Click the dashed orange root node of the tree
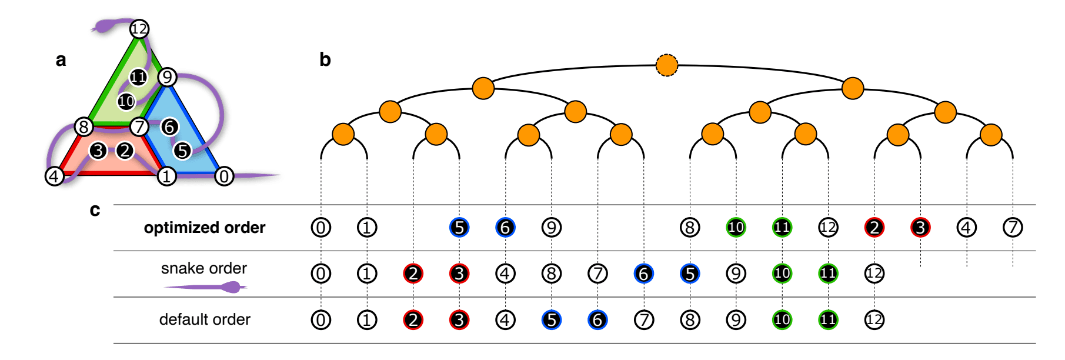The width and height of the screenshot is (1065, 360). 666,65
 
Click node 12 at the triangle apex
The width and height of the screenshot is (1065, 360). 139,28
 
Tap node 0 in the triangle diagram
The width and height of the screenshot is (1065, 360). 223,176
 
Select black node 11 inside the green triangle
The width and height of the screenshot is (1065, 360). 138,76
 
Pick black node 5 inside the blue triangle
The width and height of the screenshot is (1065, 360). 182,151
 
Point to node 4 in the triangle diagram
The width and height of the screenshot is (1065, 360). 54,176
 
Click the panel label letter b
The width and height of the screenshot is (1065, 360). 325,59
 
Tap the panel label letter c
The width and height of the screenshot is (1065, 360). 95,210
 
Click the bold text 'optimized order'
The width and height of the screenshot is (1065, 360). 204,228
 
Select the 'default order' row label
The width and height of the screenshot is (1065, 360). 204,319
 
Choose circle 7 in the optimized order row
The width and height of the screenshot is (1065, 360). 1013,228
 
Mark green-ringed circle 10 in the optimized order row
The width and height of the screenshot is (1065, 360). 736,228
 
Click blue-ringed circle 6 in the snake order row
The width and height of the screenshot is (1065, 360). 643,274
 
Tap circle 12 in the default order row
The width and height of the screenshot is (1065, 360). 874,319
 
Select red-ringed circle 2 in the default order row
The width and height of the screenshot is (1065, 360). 413,319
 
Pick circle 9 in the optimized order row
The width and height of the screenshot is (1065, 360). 551,228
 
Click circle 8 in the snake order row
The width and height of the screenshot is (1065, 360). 551,274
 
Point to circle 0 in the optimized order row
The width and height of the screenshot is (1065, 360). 320,228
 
